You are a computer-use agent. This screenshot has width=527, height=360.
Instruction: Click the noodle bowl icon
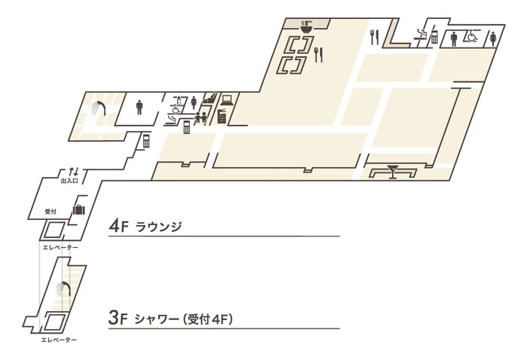point(306,26)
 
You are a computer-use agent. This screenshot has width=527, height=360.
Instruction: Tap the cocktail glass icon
point(392,171)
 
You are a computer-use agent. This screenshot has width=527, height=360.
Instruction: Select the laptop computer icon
point(227,100)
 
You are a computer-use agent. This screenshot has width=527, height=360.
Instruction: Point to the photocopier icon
point(222,116)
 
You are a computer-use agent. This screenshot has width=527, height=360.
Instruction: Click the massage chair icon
point(209,98)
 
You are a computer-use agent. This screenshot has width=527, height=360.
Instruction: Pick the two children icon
point(200,118)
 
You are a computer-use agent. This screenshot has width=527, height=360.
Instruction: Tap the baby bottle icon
point(179,100)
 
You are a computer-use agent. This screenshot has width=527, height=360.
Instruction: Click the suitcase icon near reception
point(79,209)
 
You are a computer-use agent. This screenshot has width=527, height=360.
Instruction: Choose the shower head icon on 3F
point(63,288)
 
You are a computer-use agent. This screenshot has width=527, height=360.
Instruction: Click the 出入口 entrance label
point(69,181)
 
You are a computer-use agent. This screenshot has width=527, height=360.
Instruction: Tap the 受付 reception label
point(50,212)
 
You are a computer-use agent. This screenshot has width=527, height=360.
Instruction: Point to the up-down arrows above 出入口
point(74,172)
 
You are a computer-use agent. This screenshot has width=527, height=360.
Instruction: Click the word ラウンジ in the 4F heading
point(159,227)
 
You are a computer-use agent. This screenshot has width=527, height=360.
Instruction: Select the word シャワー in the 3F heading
point(157,319)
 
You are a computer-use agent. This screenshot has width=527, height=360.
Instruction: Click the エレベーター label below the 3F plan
point(59,340)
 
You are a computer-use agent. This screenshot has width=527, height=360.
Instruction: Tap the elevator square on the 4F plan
point(53,230)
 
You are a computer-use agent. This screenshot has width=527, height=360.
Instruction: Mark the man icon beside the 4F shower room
point(139,107)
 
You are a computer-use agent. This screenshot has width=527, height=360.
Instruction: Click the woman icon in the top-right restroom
point(493,38)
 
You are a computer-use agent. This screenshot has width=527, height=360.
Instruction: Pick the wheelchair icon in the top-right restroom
point(470,36)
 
